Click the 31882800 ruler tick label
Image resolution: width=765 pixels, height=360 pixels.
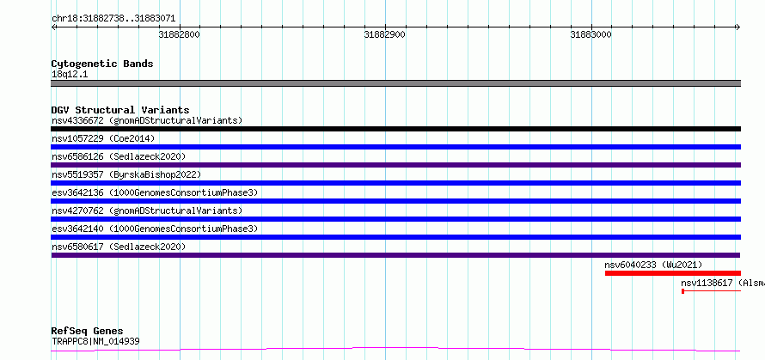180,35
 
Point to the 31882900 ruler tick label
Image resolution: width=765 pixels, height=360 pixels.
385,35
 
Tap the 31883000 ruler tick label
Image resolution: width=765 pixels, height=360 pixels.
591,35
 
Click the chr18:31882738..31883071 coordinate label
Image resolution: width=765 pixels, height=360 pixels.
113,19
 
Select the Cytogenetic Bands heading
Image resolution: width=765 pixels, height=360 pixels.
102,64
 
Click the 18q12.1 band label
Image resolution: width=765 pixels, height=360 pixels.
70,75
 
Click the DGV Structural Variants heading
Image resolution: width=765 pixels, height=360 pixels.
120,110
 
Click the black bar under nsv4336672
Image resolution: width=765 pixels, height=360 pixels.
396,129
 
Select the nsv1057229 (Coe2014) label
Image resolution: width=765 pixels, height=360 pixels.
103,138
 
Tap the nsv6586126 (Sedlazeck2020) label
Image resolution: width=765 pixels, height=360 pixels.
119,156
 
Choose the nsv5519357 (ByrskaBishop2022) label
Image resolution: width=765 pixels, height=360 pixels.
126,174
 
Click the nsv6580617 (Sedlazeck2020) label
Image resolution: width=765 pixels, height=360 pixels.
119,247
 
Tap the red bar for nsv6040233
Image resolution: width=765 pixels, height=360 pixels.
673,273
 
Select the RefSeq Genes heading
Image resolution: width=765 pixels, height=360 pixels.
88,332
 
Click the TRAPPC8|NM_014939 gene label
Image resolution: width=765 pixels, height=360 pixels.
95,341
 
